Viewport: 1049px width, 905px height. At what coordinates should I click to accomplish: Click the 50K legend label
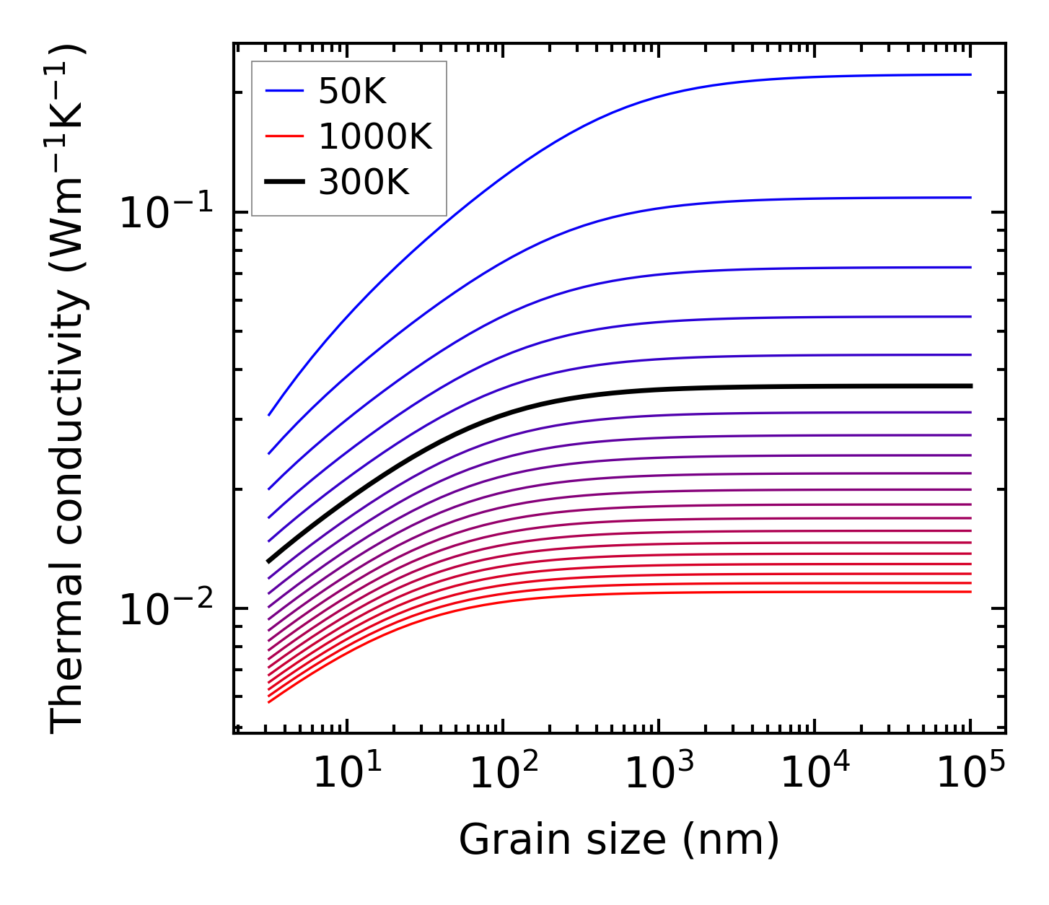pyautogui.click(x=352, y=91)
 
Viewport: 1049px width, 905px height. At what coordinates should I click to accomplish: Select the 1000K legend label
pyautogui.click(x=375, y=136)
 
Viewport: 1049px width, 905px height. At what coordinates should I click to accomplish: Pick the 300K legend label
pyautogui.click(x=364, y=183)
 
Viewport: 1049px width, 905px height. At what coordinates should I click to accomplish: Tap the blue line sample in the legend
pyautogui.click(x=285, y=91)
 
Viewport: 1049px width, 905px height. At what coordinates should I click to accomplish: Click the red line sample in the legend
pyautogui.click(x=285, y=136)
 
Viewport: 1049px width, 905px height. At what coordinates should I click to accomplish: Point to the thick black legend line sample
pyautogui.click(x=285, y=183)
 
